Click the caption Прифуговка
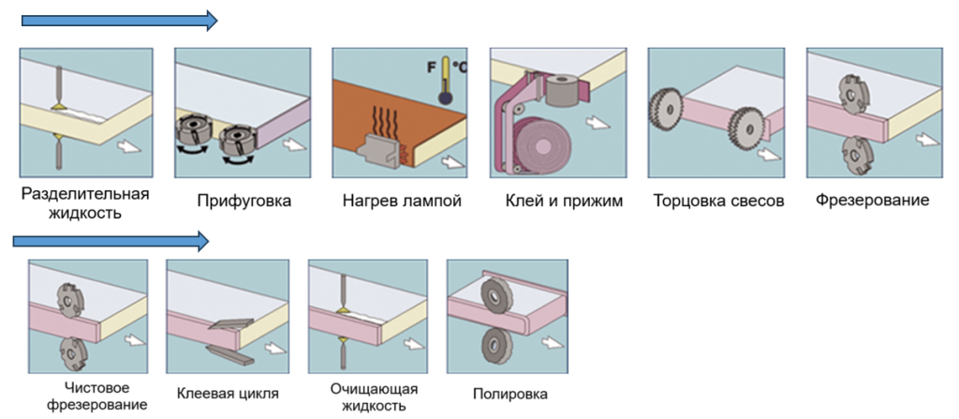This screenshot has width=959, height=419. point(244,201)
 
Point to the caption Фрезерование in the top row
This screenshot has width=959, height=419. point(872,200)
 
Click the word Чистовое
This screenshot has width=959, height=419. point(96,388)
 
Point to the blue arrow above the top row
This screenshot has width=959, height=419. point(119,20)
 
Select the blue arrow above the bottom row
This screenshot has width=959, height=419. point(111,242)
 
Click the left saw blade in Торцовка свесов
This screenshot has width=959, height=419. point(664,107)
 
